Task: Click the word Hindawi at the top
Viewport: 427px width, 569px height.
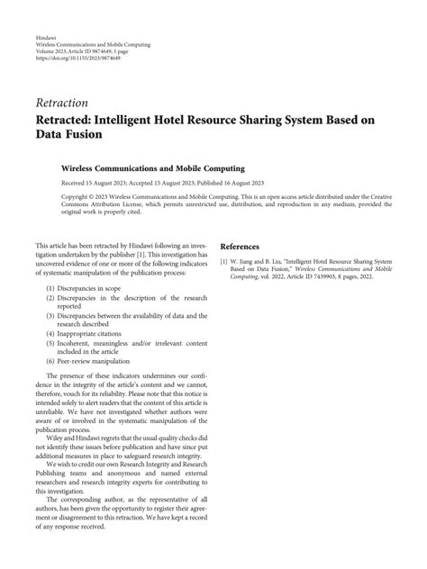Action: tap(48, 37)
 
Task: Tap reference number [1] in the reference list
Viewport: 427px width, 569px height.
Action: tap(223, 262)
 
